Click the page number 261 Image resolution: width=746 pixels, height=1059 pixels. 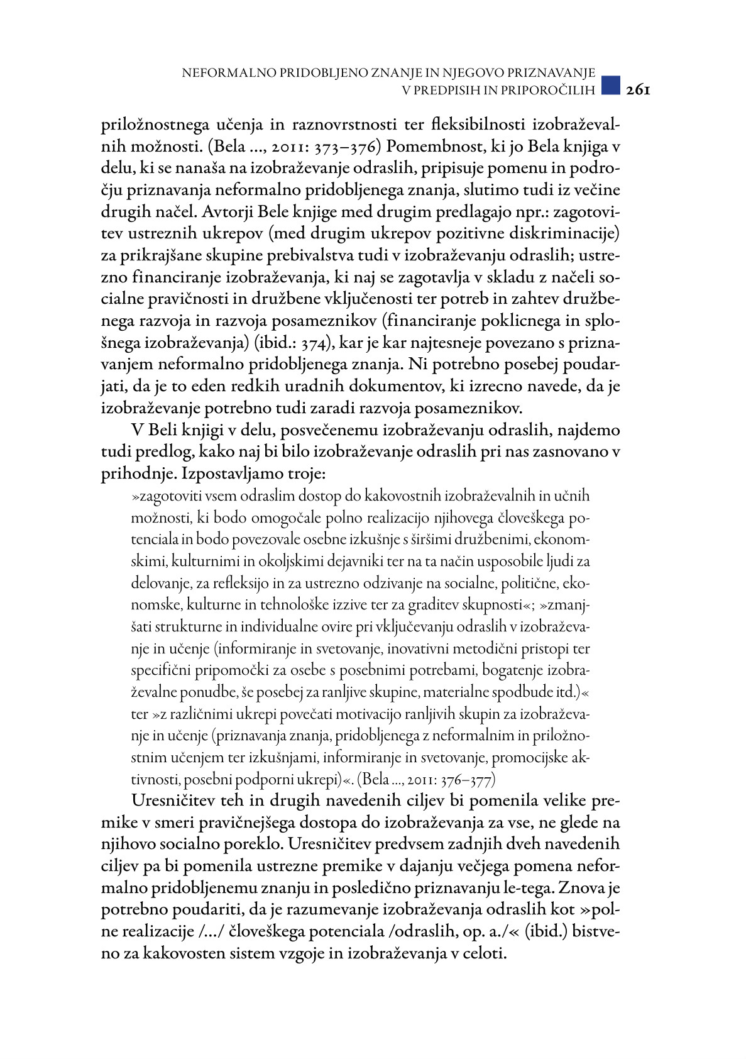(637, 90)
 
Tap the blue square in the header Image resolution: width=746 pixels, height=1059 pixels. (610, 86)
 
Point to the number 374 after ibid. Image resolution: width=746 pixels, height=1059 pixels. (313, 343)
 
